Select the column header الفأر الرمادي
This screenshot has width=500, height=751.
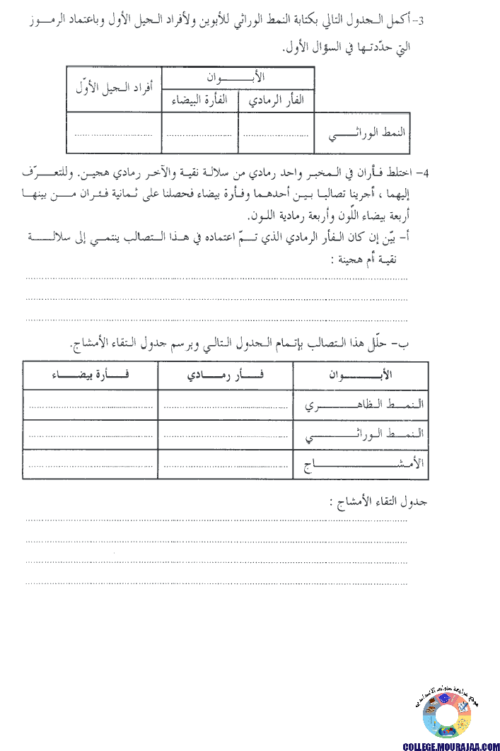(x=277, y=100)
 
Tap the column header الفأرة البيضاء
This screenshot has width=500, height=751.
(x=200, y=100)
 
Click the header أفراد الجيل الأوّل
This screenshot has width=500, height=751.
(x=114, y=89)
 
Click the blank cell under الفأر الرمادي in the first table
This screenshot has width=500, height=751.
(x=277, y=133)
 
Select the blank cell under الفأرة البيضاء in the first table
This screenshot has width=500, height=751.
(x=200, y=133)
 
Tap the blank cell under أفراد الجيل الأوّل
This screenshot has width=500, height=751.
(x=114, y=133)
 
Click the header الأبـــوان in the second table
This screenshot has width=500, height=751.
(x=361, y=375)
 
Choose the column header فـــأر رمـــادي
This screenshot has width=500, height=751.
(x=226, y=375)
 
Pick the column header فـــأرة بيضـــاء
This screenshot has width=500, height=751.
(x=91, y=375)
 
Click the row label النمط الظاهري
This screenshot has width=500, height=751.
(x=361, y=405)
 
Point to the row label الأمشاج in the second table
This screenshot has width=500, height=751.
(x=361, y=465)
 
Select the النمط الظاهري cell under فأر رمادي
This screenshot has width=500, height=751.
(x=226, y=405)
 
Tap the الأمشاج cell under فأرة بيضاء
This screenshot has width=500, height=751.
(x=91, y=465)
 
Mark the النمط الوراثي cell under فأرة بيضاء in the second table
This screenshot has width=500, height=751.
(x=91, y=435)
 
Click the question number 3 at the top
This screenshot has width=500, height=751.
(x=421, y=21)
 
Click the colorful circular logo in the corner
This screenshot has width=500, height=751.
(x=447, y=716)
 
